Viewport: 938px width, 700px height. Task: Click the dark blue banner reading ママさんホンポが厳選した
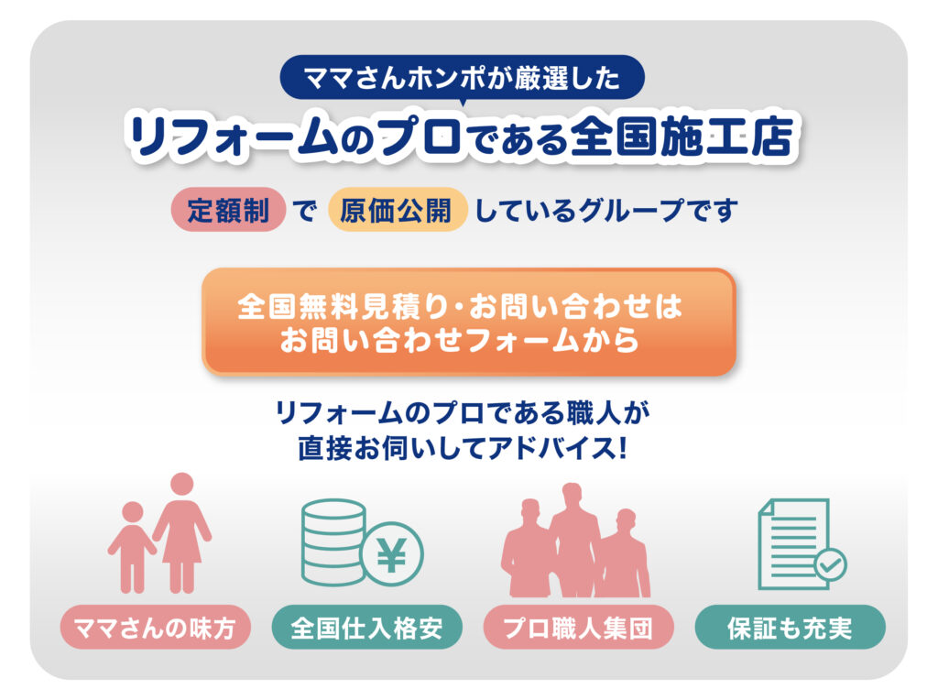462,78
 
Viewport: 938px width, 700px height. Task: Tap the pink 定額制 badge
228,210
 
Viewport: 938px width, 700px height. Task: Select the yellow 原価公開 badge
397,210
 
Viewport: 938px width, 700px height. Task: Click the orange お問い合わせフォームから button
468,323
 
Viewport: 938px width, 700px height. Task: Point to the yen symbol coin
393,554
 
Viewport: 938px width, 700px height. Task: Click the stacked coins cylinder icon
333,542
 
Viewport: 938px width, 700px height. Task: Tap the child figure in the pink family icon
132,547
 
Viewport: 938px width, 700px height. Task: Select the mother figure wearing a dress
182,532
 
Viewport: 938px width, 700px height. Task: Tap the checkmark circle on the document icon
831,564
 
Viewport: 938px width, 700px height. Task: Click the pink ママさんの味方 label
156,628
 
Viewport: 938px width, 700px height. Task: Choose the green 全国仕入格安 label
366,628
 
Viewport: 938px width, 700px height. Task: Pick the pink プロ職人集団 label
579,628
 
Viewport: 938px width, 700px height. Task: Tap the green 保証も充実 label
790,628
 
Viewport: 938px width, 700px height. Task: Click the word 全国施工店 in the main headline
682,136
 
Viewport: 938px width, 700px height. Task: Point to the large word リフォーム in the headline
234,137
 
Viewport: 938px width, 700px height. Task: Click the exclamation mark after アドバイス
623,447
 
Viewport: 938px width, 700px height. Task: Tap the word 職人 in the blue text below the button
592,412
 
